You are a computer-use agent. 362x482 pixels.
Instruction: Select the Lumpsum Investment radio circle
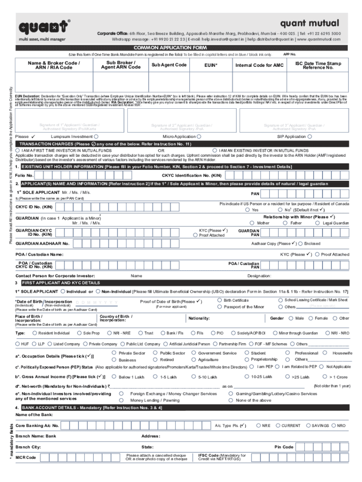(95, 137)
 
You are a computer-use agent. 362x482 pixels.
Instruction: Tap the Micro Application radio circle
(200, 137)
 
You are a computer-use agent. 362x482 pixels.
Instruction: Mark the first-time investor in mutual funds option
(18, 150)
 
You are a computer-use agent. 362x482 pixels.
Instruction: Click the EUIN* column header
(211, 65)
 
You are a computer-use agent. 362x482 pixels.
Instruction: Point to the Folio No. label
(24, 175)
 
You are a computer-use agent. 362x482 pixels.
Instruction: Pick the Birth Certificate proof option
(220, 300)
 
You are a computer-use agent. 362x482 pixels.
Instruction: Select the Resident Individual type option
(34, 333)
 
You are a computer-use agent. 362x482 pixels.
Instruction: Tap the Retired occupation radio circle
(156, 359)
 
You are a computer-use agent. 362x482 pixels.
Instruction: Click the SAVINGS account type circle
(308, 426)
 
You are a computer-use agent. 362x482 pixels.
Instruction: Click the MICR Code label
(25, 458)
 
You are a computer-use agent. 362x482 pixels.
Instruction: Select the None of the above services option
(231, 400)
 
